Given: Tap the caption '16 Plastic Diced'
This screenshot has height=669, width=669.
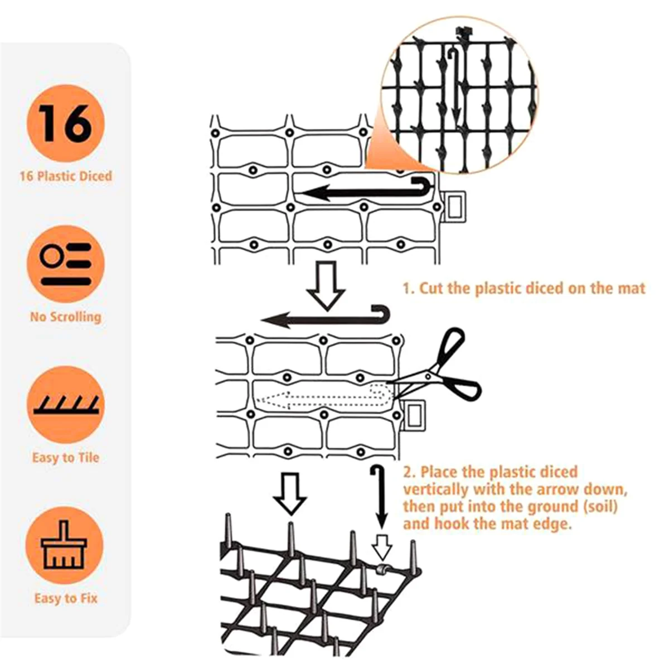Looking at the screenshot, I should tap(66, 176).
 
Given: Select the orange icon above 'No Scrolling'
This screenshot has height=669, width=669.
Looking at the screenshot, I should tap(65, 264).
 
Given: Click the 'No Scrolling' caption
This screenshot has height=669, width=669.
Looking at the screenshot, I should tap(66, 317).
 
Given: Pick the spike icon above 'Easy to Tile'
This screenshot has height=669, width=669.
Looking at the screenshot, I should tap(65, 405).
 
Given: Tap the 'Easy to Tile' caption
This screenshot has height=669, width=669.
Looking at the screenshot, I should tap(66, 458).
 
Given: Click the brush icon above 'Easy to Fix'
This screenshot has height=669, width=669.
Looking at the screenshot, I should tap(65, 545).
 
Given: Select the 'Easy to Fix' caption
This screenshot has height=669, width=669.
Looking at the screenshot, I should tap(66, 598).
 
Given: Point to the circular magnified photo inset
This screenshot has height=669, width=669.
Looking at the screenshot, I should tap(458, 95).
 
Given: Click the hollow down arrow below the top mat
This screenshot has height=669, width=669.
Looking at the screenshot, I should tap(326, 285).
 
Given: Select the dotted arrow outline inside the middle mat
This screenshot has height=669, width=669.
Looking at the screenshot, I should tap(321, 397).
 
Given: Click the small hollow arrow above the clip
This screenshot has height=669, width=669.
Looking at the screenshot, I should tap(382, 547).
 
